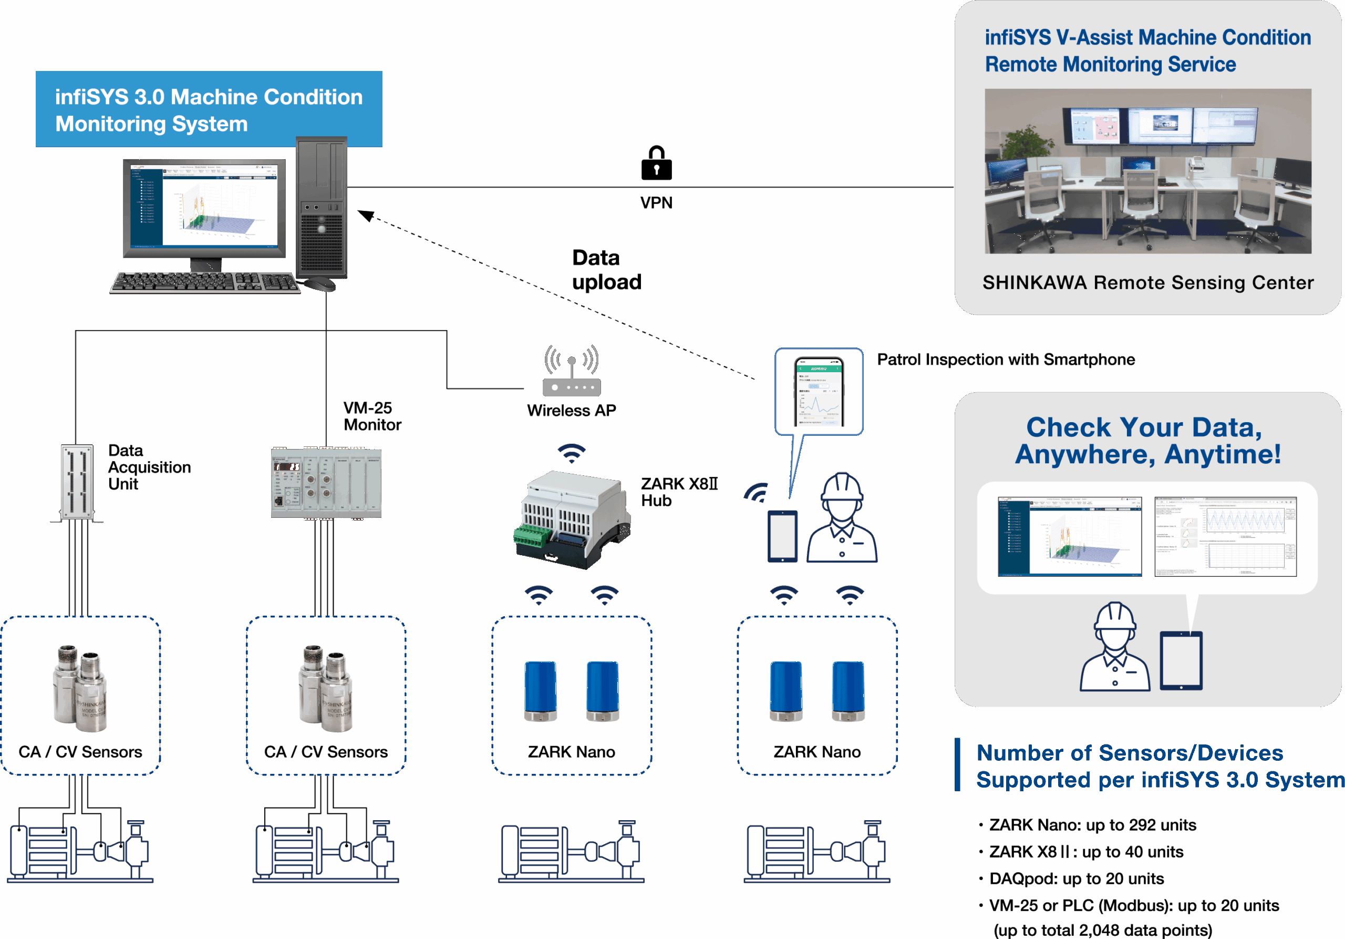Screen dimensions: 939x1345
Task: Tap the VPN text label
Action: coord(656,203)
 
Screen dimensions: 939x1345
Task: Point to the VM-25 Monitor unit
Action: coord(326,483)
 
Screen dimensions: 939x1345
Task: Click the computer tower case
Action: coord(321,208)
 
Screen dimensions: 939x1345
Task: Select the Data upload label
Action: coord(606,270)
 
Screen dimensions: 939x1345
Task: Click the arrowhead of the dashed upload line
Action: coord(366,215)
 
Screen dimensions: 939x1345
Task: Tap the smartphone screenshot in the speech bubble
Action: coord(819,392)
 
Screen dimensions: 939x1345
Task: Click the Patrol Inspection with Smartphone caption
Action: coord(1005,359)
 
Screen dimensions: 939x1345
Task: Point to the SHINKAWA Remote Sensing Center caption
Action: coord(1147,282)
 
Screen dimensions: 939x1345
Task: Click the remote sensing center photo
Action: coord(1147,171)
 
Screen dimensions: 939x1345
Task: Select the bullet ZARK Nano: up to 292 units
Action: coord(1092,825)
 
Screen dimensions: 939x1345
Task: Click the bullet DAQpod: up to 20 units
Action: coord(1076,879)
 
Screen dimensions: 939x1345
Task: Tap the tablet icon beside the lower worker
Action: coord(1181,660)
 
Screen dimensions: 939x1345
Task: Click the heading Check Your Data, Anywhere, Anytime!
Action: coord(1147,441)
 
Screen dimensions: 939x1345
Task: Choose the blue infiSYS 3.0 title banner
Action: coord(209,109)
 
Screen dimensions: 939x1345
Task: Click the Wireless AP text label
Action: coord(571,410)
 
